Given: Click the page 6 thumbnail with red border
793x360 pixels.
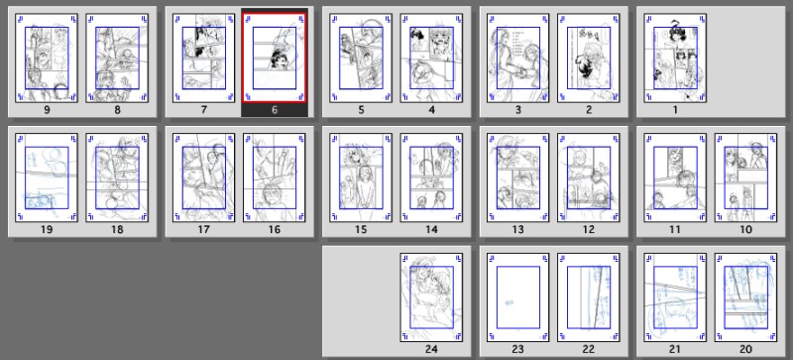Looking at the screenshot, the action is click(275, 59).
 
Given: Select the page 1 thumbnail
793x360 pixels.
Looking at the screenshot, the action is click(675, 59).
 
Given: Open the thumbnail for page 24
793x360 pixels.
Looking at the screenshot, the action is click(431, 298).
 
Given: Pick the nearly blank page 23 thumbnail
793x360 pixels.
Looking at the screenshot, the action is click(517, 298).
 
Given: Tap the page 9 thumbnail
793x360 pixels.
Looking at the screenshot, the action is click(47, 59).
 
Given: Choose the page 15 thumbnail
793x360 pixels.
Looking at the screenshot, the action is click(361, 178).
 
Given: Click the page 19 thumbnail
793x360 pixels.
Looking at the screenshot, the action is click(47, 178).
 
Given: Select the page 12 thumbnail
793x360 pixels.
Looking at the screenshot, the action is click(589, 178).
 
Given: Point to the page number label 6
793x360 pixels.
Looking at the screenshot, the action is click(275, 110).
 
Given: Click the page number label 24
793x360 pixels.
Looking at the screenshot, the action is click(431, 349).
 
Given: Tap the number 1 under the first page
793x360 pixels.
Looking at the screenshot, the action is click(675, 110).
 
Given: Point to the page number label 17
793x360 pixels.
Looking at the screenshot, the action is click(203, 230).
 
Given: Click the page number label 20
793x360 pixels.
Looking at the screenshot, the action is click(746, 349).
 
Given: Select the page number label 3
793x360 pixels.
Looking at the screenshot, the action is click(517, 110).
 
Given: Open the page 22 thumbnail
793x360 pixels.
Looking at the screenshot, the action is click(589, 298).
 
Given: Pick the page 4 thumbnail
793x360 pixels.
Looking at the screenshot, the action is click(431, 59).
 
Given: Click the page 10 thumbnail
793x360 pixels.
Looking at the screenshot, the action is click(746, 178).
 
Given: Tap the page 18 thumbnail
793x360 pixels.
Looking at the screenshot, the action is click(117, 178).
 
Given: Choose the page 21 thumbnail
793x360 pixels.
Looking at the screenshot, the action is click(675, 298).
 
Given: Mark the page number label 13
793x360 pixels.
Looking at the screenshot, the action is click(517, 230).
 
